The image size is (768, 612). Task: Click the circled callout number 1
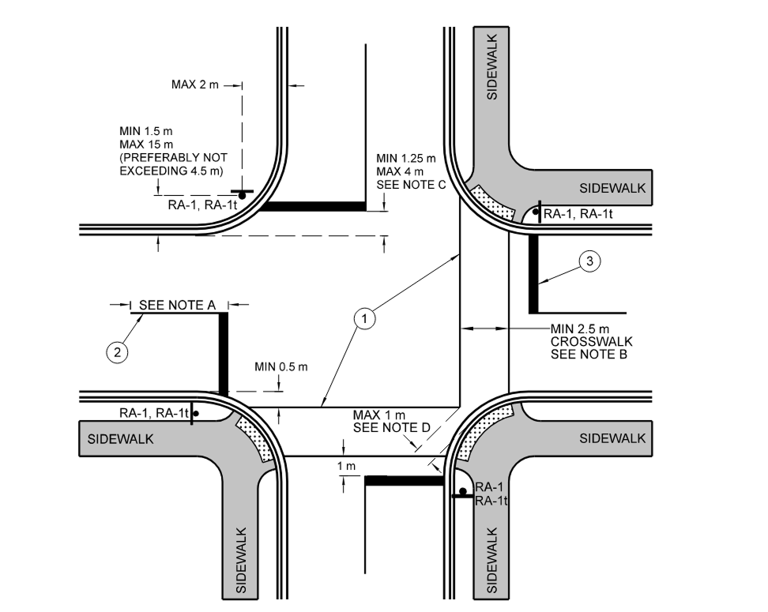point(364,319)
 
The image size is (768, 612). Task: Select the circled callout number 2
point(118,353)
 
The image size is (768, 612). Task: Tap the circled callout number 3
point(589,261)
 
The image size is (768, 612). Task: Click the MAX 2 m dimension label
point(194,84)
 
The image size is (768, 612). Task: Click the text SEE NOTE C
point(412,185)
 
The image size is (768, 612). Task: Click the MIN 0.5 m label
point(281,366)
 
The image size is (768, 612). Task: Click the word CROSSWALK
point(591,342)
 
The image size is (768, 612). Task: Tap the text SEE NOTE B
point(589,355)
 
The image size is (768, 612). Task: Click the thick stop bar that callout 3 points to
point(533,273)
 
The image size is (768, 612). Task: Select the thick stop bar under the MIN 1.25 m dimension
point(314,207)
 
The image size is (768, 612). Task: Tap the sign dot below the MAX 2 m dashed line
point(242,193)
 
